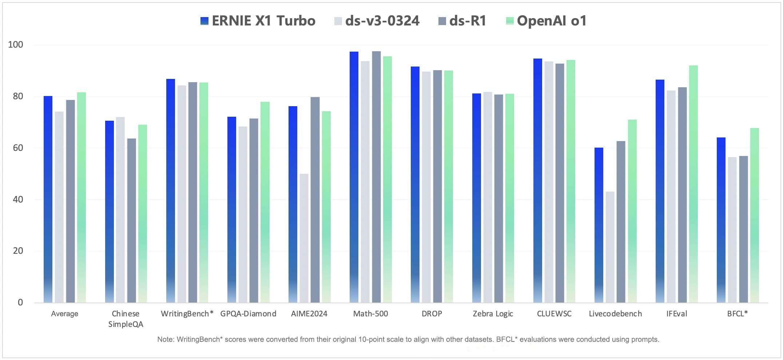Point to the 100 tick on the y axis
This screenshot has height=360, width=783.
15,45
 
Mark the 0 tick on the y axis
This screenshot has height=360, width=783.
20,302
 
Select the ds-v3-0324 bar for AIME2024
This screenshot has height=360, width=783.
304,238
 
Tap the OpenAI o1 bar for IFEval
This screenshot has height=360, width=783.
693,184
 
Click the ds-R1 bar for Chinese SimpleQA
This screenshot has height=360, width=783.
131,220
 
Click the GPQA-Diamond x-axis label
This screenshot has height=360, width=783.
248,314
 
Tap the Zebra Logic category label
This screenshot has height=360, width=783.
493,314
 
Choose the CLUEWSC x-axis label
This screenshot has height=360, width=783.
554,314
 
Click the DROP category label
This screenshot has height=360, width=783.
432,314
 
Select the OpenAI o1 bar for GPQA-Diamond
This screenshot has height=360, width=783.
265,202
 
